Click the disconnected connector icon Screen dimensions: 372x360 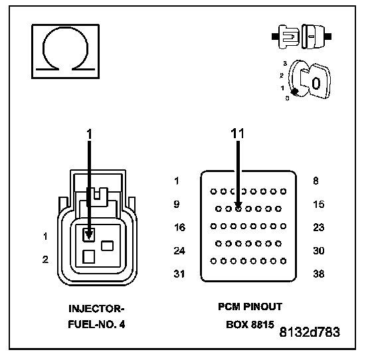(x=302, y=37)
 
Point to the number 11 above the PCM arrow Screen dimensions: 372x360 (x=238, y=134)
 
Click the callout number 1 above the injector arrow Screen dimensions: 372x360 (x=89, y=134)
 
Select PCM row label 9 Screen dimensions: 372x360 (x=177, y=204)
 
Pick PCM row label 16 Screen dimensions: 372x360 (x=179, y=227)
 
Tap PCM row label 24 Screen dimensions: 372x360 (x=179, y=250)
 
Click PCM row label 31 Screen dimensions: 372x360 (x=179, y=274)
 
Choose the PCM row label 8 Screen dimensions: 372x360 (x=316, y=181)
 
